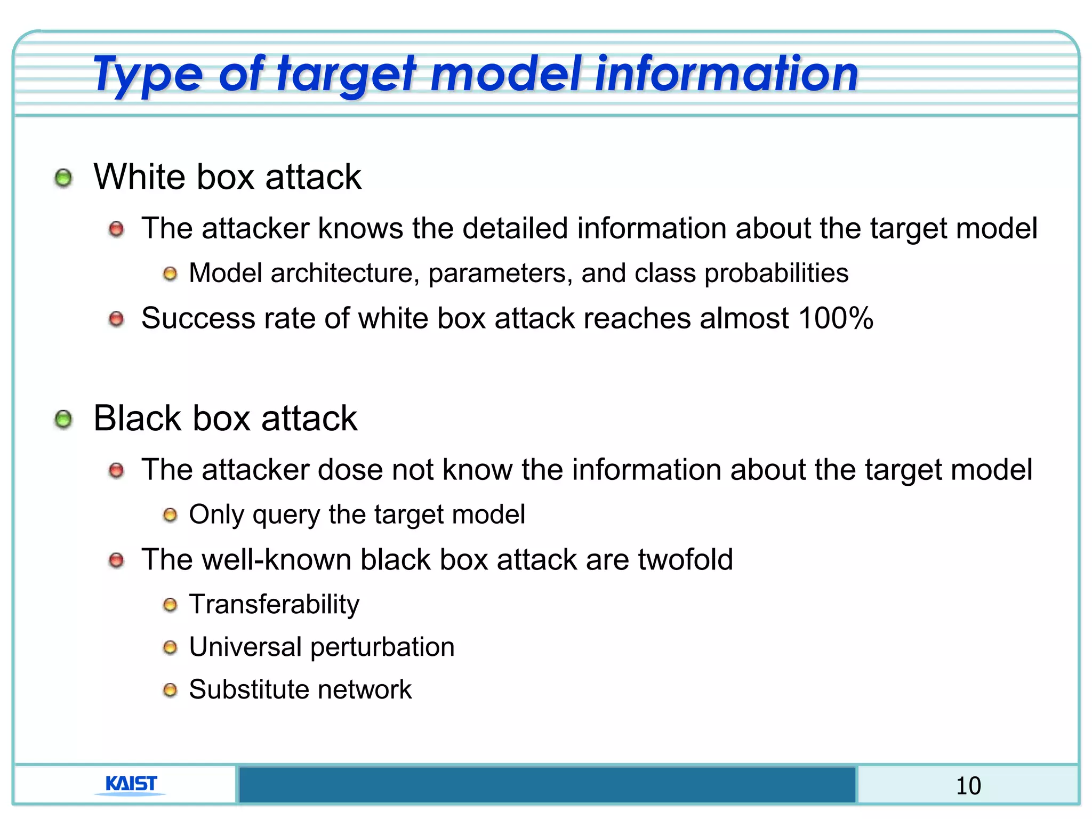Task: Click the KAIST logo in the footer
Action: coord(131,784)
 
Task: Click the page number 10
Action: coord(968,786)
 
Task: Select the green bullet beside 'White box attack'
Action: coord(63,178)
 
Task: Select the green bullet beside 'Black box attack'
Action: coord(63,419)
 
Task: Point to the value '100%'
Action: coord(836,318)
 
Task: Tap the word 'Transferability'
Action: coord(274,604)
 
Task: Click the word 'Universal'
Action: coord(245,647)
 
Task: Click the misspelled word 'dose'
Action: coord(350,470)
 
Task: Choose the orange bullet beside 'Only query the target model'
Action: coord(170,515)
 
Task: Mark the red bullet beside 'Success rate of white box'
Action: coord(116,319)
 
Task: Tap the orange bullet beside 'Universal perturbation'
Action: coord(170,647)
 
